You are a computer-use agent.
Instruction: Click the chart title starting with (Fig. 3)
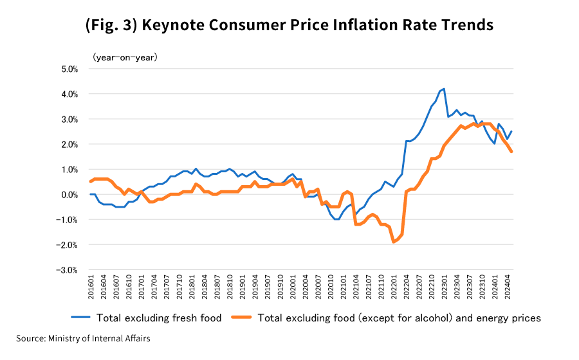click(289, 25)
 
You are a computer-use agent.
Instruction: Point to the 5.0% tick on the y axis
click(69, 69)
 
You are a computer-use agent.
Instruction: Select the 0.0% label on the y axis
click(69, 195)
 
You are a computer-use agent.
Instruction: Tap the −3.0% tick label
click(67, 270)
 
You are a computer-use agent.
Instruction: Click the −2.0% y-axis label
click(67, 245)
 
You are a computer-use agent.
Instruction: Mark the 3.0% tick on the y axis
click(69, 119)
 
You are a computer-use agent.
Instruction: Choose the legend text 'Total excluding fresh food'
click(159, 318)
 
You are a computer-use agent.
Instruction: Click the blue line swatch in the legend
click(80, 318)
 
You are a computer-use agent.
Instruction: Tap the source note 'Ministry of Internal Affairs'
click(99, 338)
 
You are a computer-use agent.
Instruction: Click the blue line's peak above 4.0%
click(444, 89)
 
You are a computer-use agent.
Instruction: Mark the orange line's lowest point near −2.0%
click(394, 242)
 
